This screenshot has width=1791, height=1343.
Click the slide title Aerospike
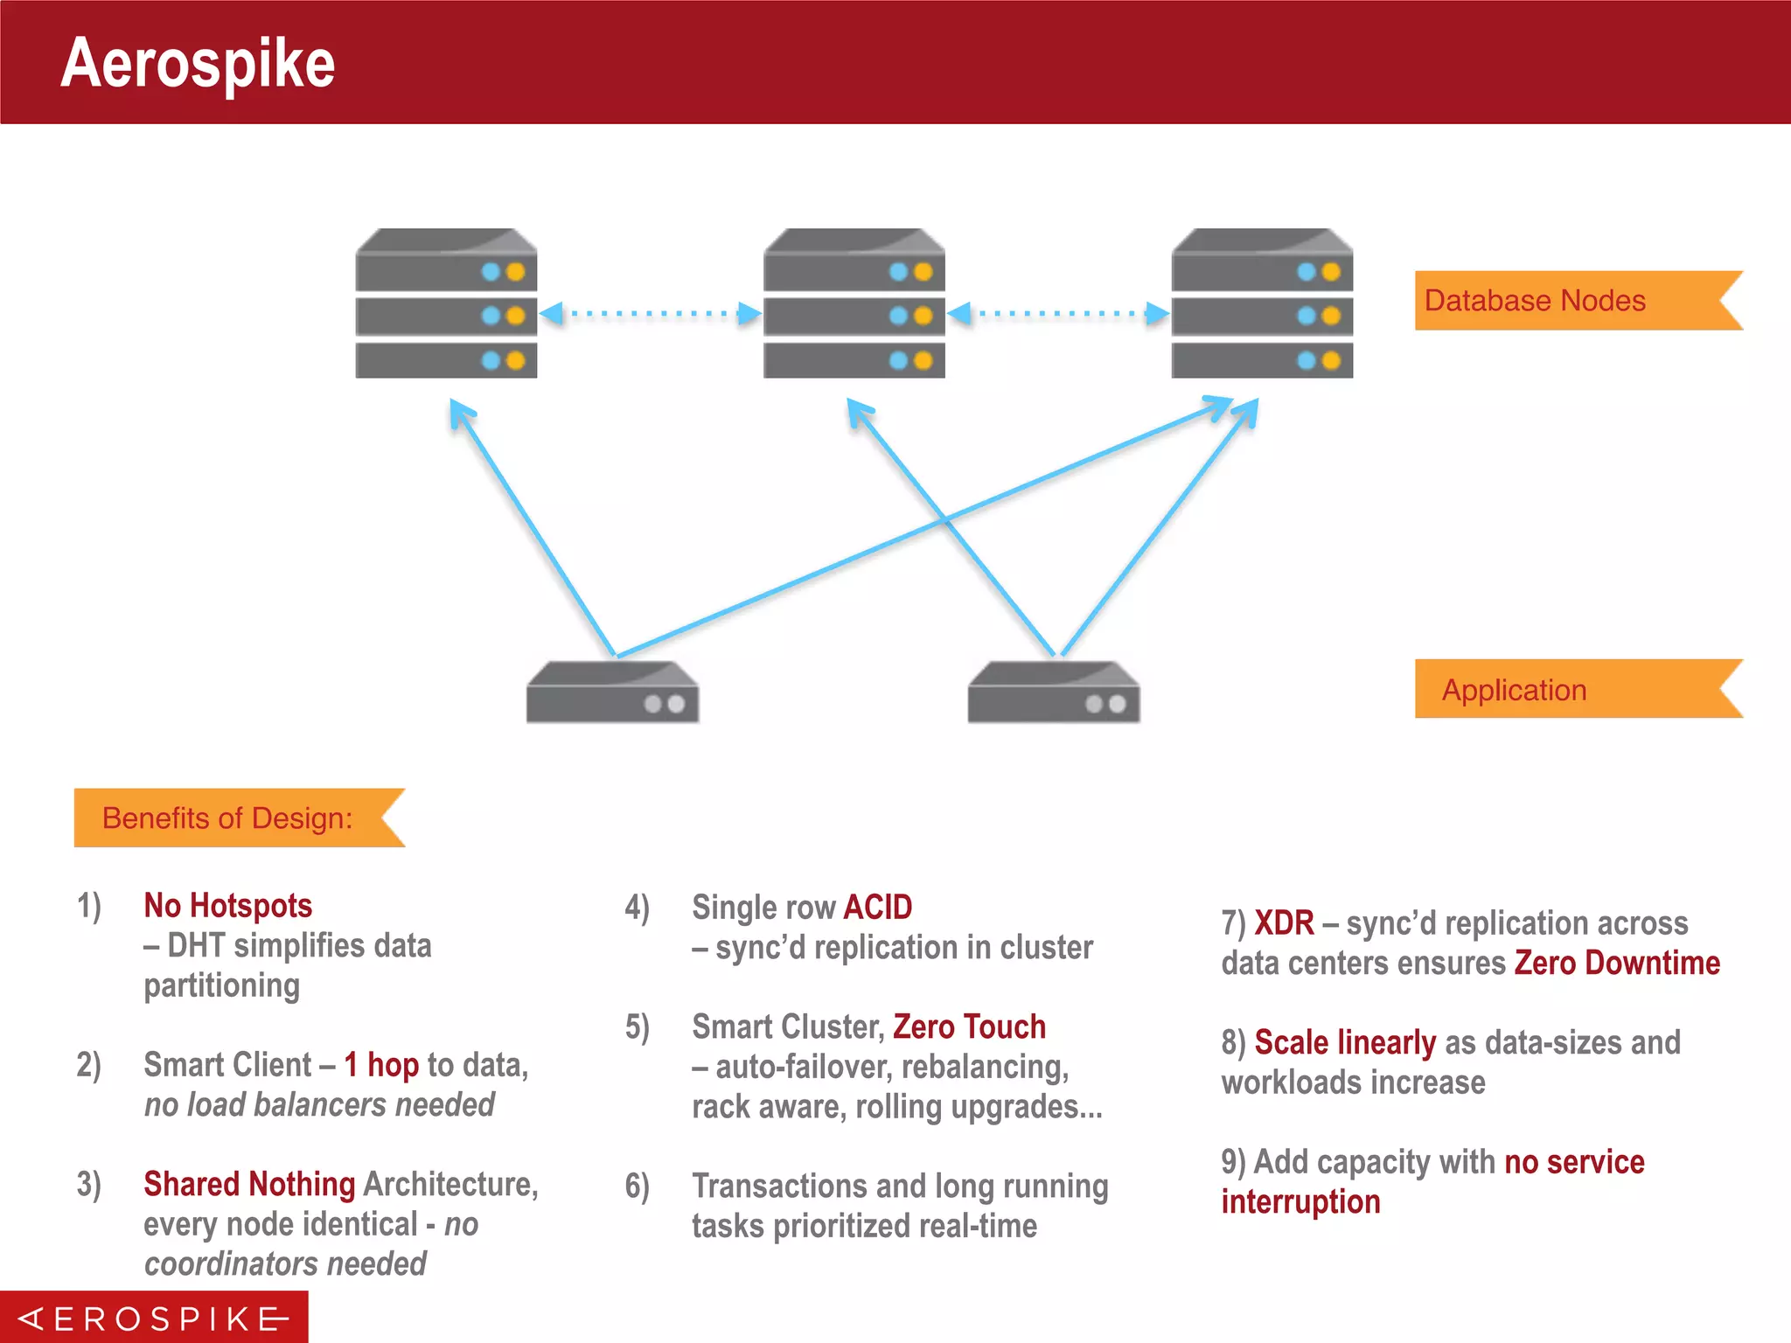click(198, 63)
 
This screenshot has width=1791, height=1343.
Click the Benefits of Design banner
click(228, 818)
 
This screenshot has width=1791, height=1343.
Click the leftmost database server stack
click(446, 304)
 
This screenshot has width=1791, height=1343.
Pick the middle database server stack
click(854, 304)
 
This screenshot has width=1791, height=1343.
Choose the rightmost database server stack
click(1262, 304)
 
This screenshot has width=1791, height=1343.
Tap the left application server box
click(612, 692)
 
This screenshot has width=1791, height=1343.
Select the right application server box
click(1054, 692)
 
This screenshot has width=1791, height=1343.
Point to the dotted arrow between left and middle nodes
click(651, 313)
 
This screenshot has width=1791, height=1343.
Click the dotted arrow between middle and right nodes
click(1058, 313)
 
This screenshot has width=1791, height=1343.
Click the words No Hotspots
click(228, 906)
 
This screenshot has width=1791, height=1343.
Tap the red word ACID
click(877, 908)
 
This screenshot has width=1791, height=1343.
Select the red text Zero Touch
click(969, 1026)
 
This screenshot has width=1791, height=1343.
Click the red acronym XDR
click(1284, 923)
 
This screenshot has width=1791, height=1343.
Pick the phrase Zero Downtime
click(1617, 964)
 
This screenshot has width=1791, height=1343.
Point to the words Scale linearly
click(1345, 1042)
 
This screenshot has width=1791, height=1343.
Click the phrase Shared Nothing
click(249, 1184)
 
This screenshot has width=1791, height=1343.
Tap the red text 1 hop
click(381, 1065)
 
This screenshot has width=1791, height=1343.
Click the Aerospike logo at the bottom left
click(154, 1318)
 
